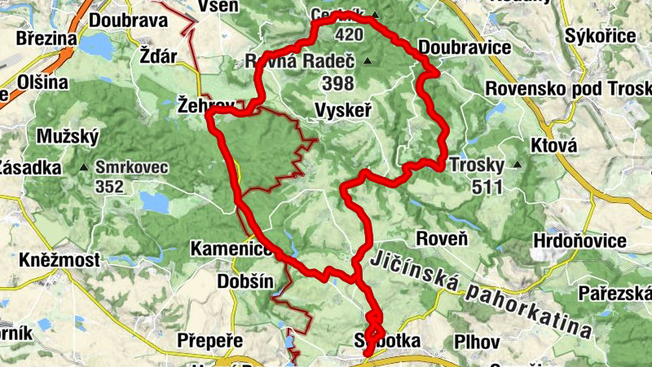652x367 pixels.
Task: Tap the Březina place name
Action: click(46, 38)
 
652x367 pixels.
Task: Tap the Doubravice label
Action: click(464, 47)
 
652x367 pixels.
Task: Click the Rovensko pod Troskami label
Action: click(568, 88)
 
